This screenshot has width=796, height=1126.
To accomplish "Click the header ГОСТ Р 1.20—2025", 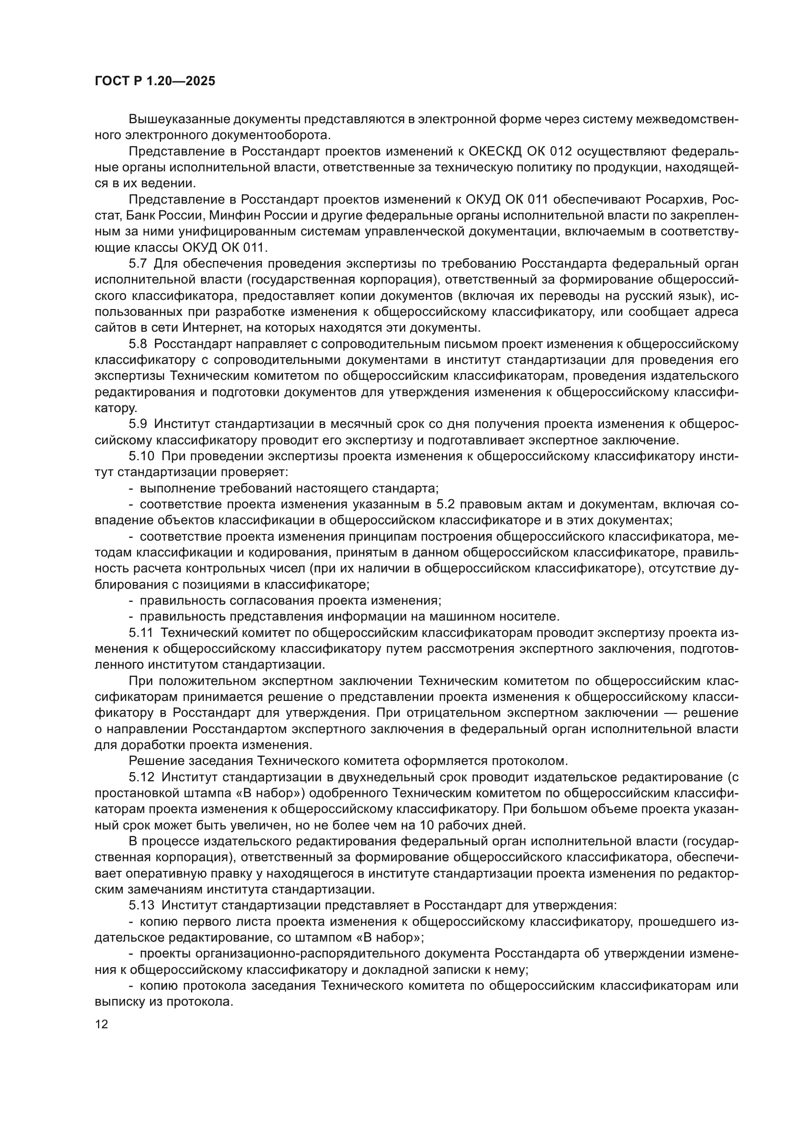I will click(x=155, y=81).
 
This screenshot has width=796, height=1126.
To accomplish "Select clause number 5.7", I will click(x=138, y=264).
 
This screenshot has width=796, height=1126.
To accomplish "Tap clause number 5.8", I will click(x=138, y=344).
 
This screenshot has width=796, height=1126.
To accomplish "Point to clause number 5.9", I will click(x=138, y=424).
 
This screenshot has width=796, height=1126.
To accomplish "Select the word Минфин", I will click(x=285, y=216).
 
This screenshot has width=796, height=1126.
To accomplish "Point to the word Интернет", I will click(x=208, y=328).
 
